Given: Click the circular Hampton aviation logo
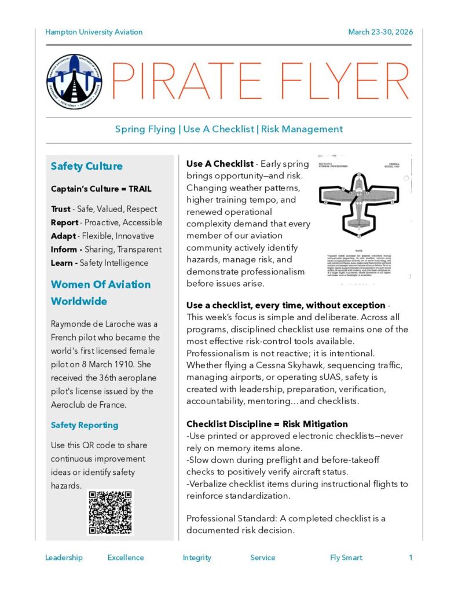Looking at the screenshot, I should [x=74, y=82].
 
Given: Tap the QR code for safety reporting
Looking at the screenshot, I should [x=110, y=513].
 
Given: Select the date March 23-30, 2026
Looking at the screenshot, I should [x=380, y=32].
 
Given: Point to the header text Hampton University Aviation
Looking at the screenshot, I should [x=94, y=32].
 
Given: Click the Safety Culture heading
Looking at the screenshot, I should [x=87, y=166].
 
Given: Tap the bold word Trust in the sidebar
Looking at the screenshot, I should [x=60, y=209].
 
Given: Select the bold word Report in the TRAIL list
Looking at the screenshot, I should [x=64, y=222].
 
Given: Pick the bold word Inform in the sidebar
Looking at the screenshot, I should [x=64, y=250].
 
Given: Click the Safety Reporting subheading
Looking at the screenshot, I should [x=85, y=425].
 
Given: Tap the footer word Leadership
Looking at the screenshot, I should [x=64, y=558].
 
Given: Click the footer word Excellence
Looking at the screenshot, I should [x=126, y=558].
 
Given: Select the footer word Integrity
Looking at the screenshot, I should [x=197, y=558].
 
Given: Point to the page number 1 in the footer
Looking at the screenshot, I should [x=411, y=558].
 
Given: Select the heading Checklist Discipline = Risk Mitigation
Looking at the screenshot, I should [x=267, y=424].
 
